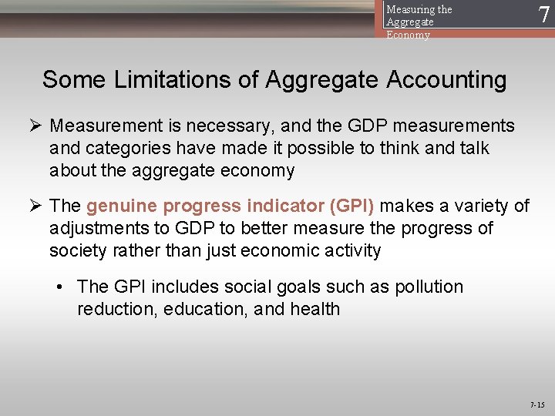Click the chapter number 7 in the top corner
[544, 15]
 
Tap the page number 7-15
[537, 404]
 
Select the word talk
[471, 148]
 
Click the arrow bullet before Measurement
[35, 126]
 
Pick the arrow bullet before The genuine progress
[35, 206]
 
